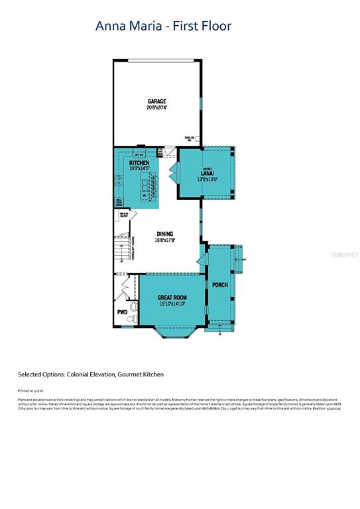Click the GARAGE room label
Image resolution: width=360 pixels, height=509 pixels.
[x=157, y=101]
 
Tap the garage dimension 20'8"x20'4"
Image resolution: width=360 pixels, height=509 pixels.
[x=157, y=107]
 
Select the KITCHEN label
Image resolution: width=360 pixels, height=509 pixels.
[x=139, y=163]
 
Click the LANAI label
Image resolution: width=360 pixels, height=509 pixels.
[x=206, y=173]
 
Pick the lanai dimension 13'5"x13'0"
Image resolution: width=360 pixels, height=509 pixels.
[x=206, y=179]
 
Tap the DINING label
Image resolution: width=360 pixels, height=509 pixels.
[x=164, y=234]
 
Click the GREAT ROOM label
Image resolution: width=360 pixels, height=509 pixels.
[x=172, y=298]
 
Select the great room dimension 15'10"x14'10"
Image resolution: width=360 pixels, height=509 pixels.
[x=172, y=304]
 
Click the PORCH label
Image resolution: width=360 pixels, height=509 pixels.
[x=219, y=285]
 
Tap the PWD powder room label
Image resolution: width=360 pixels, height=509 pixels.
[x=122, y=311]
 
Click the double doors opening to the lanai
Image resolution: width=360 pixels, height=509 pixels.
[x=174, y=174]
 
